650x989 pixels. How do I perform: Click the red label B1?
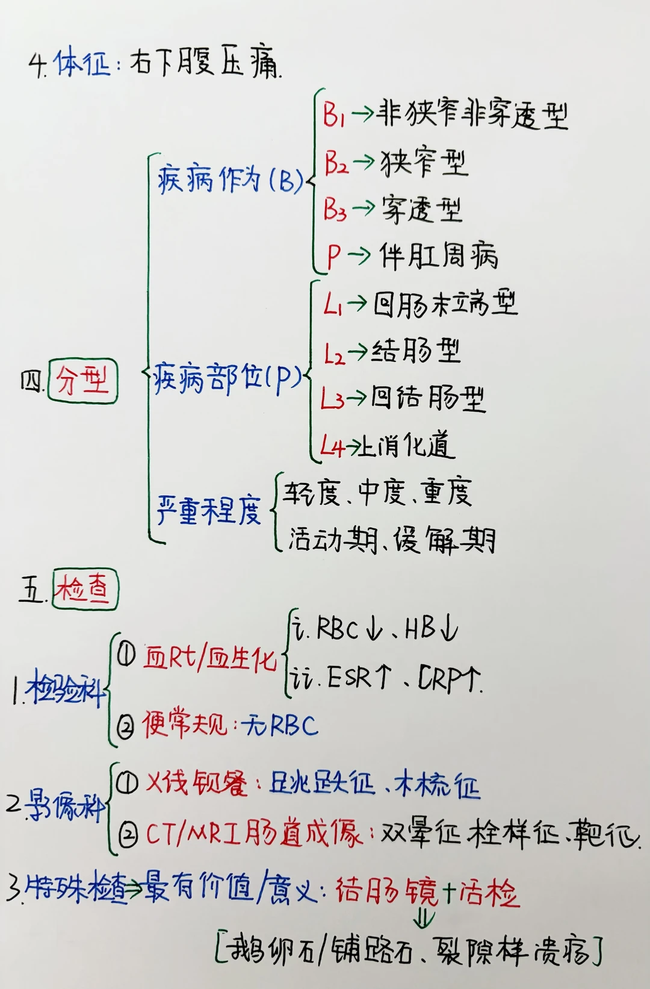[x=333, y=114]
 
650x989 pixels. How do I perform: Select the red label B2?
[x=336, y=163]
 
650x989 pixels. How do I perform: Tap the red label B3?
[x=335, y=209]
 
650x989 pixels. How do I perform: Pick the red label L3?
[x=332, y=399]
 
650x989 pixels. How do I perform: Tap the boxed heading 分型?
[x=82, y=381]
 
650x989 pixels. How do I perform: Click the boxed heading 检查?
[x=85, y=590]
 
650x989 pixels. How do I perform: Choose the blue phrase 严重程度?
[x=208, y=511]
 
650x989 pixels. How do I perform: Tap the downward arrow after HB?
[x=449, y=629]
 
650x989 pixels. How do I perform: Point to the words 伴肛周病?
[x=439, y=256]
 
